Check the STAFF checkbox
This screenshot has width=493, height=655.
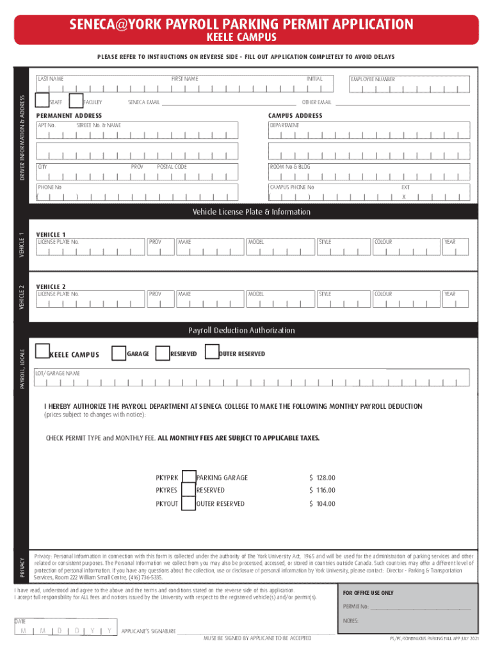(42, 100)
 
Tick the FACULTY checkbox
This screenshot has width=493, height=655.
(76, 100)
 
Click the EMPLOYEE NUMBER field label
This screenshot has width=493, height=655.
(372, 79)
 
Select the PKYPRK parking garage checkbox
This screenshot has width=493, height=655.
(188, 477)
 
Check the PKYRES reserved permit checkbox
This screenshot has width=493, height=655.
(188, 491)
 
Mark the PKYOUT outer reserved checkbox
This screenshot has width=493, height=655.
(188, 504)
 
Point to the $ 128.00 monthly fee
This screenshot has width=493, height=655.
(322, 478)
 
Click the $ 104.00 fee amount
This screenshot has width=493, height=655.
(322, 504)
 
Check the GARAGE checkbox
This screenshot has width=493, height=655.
(118, 353)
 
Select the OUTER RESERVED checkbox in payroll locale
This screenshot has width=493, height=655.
(211, 353)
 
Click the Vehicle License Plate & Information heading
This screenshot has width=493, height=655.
(252, 212)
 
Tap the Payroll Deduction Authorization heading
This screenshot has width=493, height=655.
(241, 331)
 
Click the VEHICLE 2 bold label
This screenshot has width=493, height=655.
(51, 286)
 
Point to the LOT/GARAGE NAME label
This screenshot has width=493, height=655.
(58, 373)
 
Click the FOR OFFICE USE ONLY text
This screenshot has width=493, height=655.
(368, 593)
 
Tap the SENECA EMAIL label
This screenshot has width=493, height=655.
(144, 102)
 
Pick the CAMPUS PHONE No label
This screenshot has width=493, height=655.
(292, 187)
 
